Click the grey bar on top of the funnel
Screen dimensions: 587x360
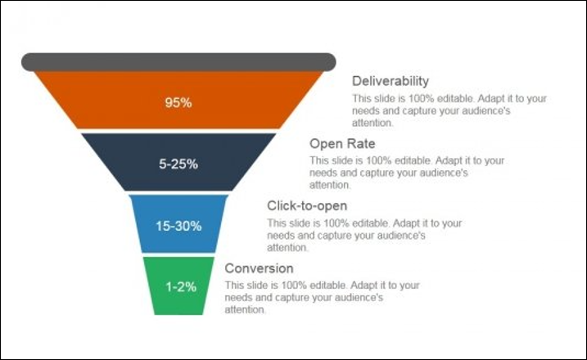[178, 62]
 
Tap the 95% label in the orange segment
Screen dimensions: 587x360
[178, 102]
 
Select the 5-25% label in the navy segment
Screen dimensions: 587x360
[178, 164]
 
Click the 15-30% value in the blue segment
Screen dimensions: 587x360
[178, 226]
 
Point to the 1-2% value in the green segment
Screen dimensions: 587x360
[181, 287]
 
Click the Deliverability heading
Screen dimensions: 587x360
[391, 81]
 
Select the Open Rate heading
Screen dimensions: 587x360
[342, 144]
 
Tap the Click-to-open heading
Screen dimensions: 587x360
[307, 206]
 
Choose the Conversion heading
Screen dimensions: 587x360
[259, 268]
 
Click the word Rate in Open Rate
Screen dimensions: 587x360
[361, 144]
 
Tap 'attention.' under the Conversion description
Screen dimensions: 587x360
[246, 310]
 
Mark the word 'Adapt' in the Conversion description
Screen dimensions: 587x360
[363, 286]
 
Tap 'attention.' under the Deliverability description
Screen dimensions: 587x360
[373, 123]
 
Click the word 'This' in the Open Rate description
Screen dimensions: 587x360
[318, 160]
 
